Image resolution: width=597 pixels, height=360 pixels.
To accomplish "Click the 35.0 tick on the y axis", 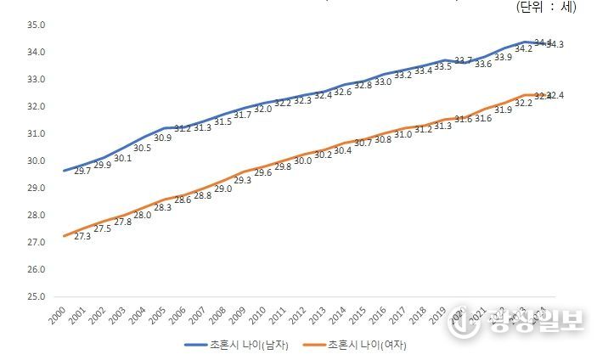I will (x=35, y=25).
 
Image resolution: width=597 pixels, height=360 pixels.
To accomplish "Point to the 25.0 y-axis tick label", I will (x=35, y=296).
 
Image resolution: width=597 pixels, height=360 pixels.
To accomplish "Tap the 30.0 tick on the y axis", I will (x=35, y=160).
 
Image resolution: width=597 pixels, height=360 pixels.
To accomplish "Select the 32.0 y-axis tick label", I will (x=35, y=106).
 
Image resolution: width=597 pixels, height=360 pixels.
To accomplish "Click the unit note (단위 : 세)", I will (x=545, y=8).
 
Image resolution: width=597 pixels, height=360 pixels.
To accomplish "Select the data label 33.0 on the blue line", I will (x=383, y=82).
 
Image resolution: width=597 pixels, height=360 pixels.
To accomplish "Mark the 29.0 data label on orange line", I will (x=222, y=189).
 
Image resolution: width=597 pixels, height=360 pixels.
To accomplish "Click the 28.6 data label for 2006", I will (x=182, y=200).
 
